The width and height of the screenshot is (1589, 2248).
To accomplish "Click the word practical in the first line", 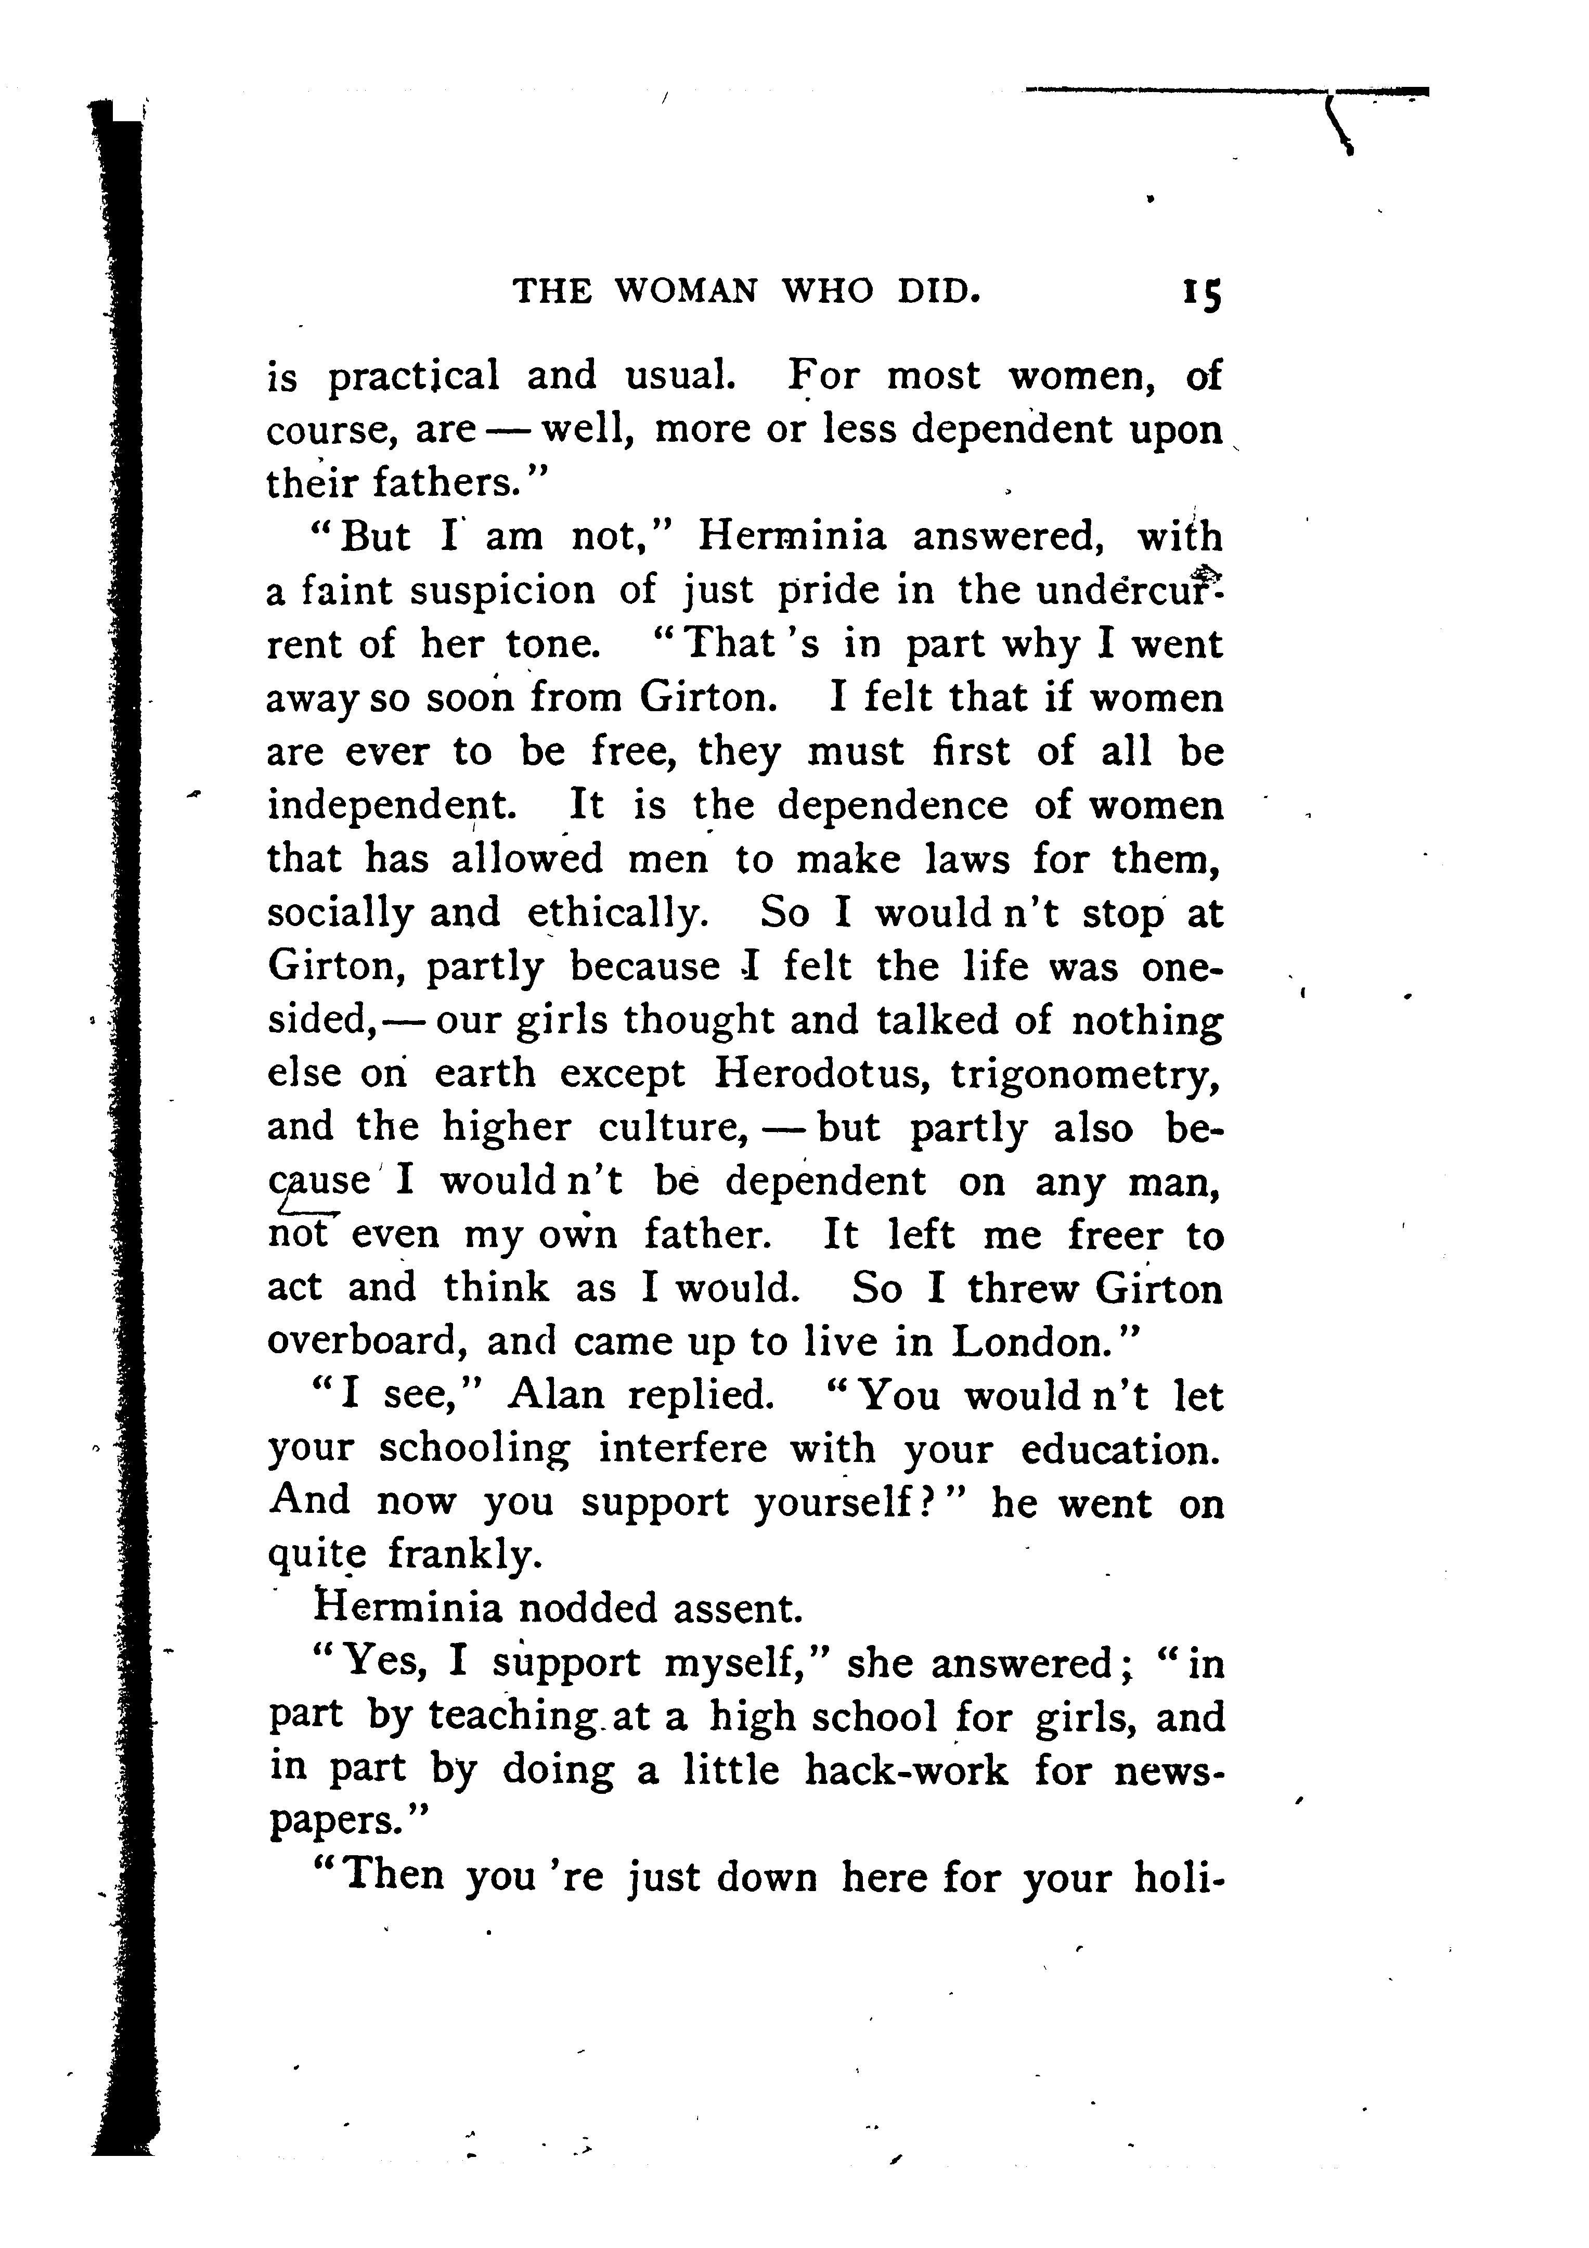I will [413, 376].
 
